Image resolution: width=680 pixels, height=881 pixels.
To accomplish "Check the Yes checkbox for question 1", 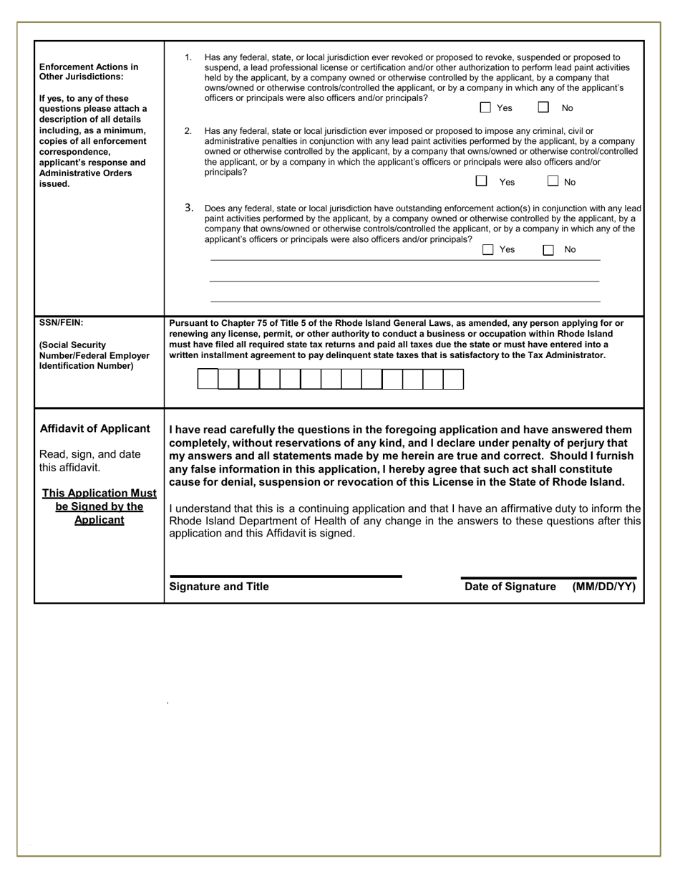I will pyautogui.click(x=485, y=107).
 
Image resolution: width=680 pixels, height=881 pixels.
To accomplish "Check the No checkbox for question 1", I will pyautogui.click(x=543, y=107).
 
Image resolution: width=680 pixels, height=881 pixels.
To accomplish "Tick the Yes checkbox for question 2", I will pyautogui.click(x=482, y=181).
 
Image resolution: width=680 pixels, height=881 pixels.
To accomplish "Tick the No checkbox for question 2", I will pyautogui.click(x=553, y=181).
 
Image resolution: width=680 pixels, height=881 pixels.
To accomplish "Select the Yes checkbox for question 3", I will pyautogui.click(x=488, y=249).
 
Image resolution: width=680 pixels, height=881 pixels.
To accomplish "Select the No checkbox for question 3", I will pyautogui.click(x=548, y=249).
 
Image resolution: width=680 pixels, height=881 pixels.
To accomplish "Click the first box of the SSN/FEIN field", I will pyautogui.click(x=208, y=379).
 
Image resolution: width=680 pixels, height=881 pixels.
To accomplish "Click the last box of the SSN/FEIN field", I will pyautogui.click(x=454, y=379).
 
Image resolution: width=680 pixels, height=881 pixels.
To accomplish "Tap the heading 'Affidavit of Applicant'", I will pyautogui.click(x=95, y=428).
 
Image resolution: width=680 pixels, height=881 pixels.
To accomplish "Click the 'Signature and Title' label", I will pyautogui.click(x=219, y=587).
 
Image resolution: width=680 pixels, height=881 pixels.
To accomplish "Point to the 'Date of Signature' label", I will pyautogui.click(x=510, y=587).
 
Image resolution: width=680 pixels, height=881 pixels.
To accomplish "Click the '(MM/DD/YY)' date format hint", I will pyautogui.click(x=603, y=587).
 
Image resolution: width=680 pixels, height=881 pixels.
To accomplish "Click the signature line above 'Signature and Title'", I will pyautogui.click(x=286, y=576).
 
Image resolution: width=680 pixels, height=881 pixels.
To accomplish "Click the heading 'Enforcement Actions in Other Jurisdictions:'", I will pyautogui.click(x=89, y=71).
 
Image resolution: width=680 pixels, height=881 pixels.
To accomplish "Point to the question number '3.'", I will pyautogui.click(x=189, y=208).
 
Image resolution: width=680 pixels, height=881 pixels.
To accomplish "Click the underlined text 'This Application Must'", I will pyautogui.click(x=99, y=493).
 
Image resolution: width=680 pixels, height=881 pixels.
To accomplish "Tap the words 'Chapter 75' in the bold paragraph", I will pyautogui.click(x=232, y=323).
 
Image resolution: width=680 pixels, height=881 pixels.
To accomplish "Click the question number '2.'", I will pyautogui.click(x=188, y=131).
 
